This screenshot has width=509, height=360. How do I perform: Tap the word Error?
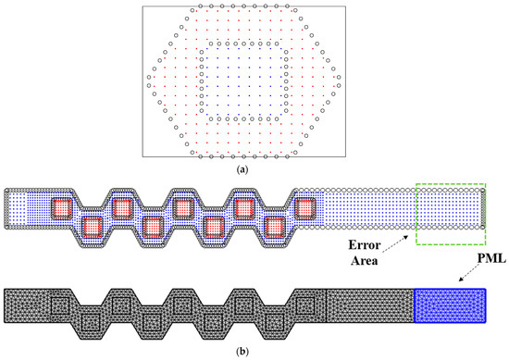coord(365,245)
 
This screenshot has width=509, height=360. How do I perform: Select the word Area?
coord(365,260)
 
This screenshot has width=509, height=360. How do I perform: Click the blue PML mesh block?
coord(450,305)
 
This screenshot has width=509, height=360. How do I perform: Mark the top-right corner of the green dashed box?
coord(485,184)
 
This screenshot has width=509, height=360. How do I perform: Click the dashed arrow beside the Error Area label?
coord(395,243)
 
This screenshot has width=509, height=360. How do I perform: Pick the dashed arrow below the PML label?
coord(470,273)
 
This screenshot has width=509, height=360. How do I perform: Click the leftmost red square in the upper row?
coord(61,208)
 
